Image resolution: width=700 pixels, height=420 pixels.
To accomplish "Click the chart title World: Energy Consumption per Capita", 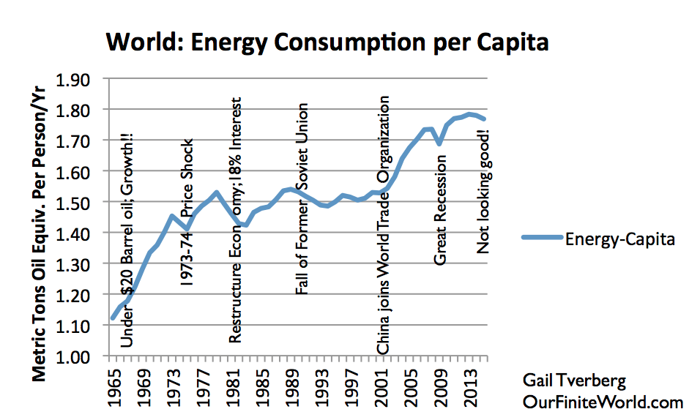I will [x=327, y=42].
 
